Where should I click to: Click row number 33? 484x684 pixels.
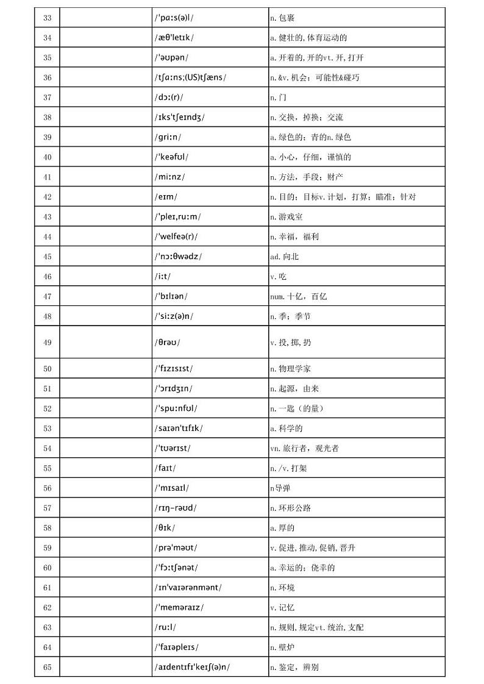(48, 18)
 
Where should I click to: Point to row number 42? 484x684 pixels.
(48, 197)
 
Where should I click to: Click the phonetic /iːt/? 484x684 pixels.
(163, 277)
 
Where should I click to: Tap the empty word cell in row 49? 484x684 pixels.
(105, 343)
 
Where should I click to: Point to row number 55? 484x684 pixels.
(48, 468)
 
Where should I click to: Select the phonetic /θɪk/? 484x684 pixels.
(165, 528)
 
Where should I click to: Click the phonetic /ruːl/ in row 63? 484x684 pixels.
(166, 627)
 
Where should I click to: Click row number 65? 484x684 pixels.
(48, 667)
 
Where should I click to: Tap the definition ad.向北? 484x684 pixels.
(285, 257)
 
